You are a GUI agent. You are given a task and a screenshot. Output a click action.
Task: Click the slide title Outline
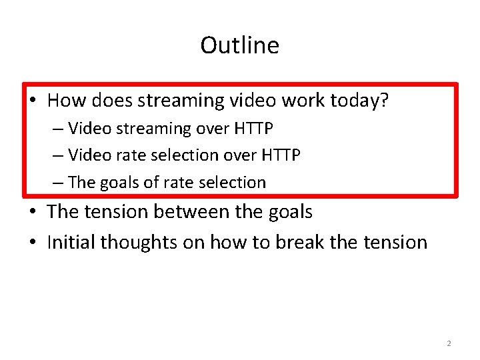coord(239,45)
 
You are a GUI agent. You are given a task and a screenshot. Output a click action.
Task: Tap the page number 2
coord(449,343)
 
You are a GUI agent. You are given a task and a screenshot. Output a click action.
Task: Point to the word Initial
coord(71,242)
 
